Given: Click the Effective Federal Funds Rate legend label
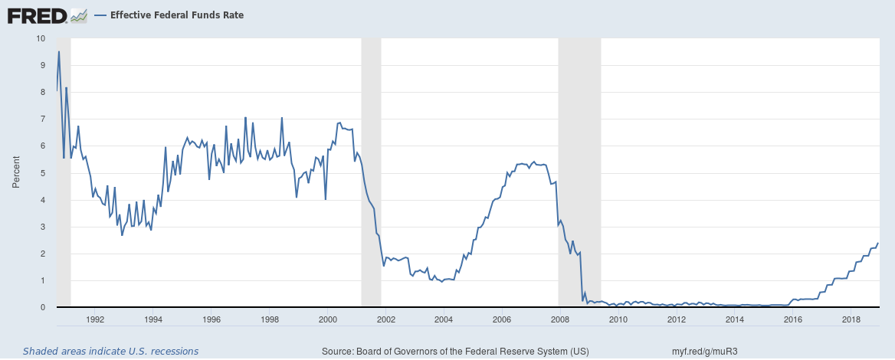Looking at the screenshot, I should (177, 15).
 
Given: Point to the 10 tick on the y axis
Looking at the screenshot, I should (41, 38).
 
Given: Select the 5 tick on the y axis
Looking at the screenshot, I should (43, 173).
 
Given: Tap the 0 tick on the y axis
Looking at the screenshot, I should (43, 307).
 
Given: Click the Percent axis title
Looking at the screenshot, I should (15, 173).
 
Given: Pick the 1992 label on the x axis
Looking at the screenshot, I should (95, 319).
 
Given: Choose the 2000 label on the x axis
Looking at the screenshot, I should (327, 319).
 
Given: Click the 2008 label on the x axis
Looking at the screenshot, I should (559, 319).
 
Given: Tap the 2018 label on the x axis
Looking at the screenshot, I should (850, 319).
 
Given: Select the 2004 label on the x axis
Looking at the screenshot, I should (444, 319).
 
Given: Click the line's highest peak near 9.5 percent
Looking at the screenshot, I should (59, 51).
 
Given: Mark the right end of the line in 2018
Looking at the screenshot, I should (878, 243).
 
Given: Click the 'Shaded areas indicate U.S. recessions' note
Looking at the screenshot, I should (110, 352).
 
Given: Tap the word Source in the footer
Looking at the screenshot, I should (337, 352).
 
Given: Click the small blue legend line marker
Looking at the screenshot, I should (100, 15).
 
